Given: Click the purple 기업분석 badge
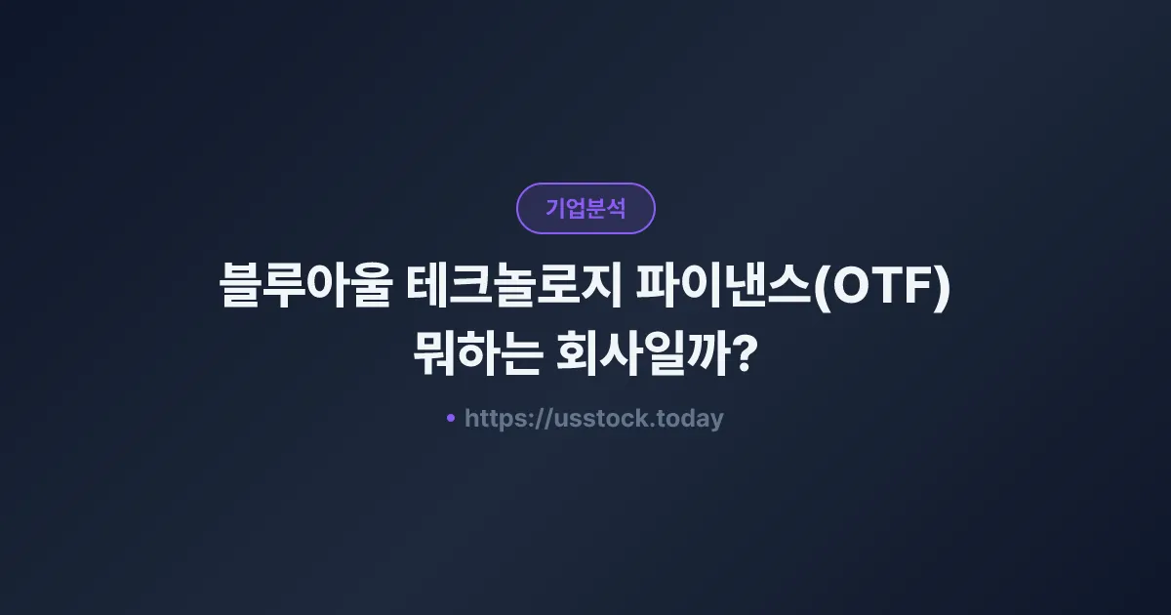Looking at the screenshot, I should coord(585,208).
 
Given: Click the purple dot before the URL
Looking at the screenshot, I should coord(451,418).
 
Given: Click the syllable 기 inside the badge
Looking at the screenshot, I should coord(555,208).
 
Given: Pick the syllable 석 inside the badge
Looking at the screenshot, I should coord(616,208).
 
